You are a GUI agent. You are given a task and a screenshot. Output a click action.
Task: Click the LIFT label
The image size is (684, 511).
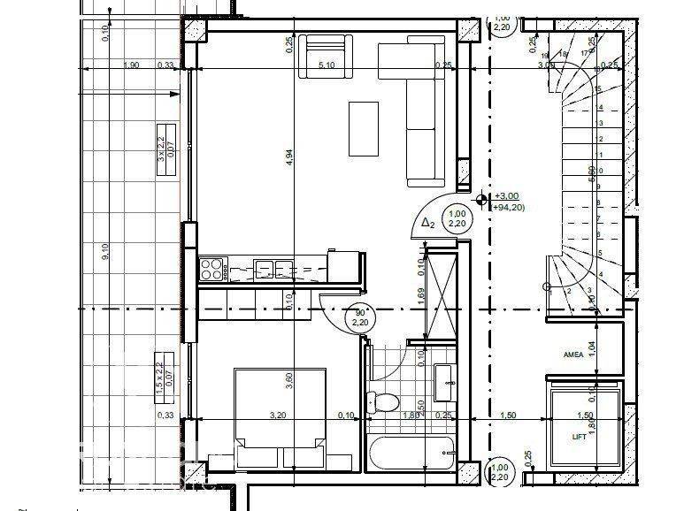pos(580,437)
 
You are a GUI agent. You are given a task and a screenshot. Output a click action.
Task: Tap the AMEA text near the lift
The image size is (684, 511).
pos(574,355)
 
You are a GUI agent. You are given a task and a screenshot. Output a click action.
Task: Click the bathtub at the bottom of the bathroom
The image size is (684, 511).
pos(410,453)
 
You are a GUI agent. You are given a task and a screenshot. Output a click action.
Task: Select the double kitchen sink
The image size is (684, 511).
pos(271,268)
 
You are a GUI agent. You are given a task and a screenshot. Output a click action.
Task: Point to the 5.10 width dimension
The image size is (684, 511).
pos(326,65)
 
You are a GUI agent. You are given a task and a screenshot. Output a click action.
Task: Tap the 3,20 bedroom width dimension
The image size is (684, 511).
pos(277,415)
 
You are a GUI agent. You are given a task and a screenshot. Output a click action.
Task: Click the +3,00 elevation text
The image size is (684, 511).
pos(507,196)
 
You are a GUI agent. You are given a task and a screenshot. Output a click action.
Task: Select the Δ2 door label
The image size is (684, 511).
pos(427,223)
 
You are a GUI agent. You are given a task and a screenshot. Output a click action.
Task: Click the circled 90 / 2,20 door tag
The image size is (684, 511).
pos(360,317)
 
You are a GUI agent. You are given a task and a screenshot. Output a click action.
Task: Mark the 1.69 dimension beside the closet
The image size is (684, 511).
pos(419,295)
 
